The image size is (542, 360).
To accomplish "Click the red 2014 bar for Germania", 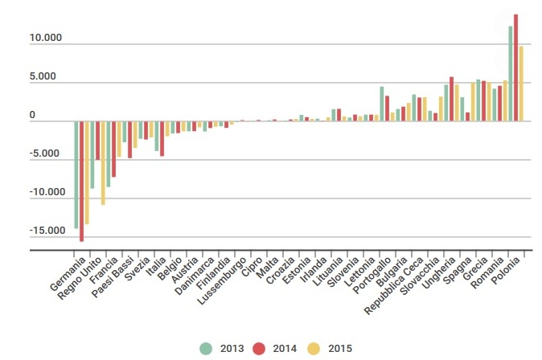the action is (x=81, y=181).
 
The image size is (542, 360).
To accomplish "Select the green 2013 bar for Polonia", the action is (x=510, y=74).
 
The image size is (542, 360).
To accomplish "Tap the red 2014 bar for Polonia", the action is (x=515, y=67).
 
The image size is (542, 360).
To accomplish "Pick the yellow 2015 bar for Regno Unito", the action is (x=103, y=163).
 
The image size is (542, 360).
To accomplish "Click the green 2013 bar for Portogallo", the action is (x=382, y=104).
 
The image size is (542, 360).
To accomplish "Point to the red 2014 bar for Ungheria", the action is (x=451, y=99).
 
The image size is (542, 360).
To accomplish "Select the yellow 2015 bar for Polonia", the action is (x=521, y=84).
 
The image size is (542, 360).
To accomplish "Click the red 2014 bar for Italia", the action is (x=162, y=138).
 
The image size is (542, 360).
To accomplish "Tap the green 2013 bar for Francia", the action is (x=109, y=154).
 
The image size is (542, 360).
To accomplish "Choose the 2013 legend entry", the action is (x=222, y=348).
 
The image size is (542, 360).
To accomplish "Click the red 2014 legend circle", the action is (x=259, y=348).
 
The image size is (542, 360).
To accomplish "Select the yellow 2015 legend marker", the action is (x=314, y=348).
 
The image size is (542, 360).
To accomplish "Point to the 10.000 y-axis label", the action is (x=46, y=38).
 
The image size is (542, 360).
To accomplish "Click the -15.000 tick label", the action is (x=47, y=231).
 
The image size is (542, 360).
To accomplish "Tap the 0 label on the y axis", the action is (x=32, y=115).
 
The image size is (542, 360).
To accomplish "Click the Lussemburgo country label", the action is (x=222, y=281).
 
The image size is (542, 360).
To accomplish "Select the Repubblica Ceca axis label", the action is (x=394, y=285).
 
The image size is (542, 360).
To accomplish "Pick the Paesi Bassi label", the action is (x=113, y=276).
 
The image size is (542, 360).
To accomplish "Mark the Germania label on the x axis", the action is (x=68, y=274).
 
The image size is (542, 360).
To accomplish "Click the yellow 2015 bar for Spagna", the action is (x=473, y=101).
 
